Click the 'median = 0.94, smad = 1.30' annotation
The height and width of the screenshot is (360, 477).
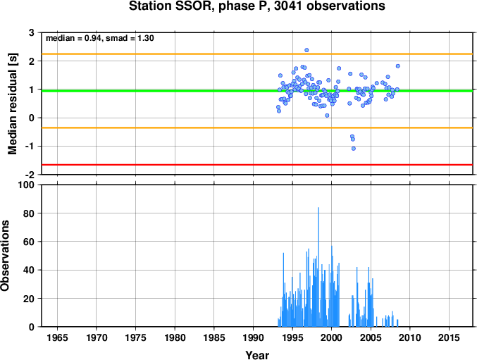(x=100, y=38)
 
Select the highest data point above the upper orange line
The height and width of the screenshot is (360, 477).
(x=306, y=50)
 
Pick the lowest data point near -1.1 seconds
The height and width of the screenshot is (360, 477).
(x=354, y=149)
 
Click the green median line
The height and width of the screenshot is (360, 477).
(x=257, y=91)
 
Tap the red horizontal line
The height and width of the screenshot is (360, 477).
(x=257, y=165)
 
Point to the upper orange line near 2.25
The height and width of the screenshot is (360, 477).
(x=257, y=54)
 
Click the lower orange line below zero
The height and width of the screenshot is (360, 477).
(x=257, y=128)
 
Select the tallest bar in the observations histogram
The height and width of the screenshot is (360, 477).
(x=318, y=267)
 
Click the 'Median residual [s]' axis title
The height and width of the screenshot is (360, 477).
(x=12, y=104)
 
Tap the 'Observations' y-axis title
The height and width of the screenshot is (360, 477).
(x=5, y=256)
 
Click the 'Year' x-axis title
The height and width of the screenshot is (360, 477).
(x=257, y=355)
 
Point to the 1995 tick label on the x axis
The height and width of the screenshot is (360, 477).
(x=292, y=337)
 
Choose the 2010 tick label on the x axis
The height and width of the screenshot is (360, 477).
(x=410, y=337)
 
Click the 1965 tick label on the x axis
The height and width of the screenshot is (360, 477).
(x=57, y=337)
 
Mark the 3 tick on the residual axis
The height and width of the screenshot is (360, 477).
(x=32, y=32)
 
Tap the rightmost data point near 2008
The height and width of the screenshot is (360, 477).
(x=398, y=66)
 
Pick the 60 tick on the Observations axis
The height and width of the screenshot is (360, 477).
(x=29, y=242)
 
